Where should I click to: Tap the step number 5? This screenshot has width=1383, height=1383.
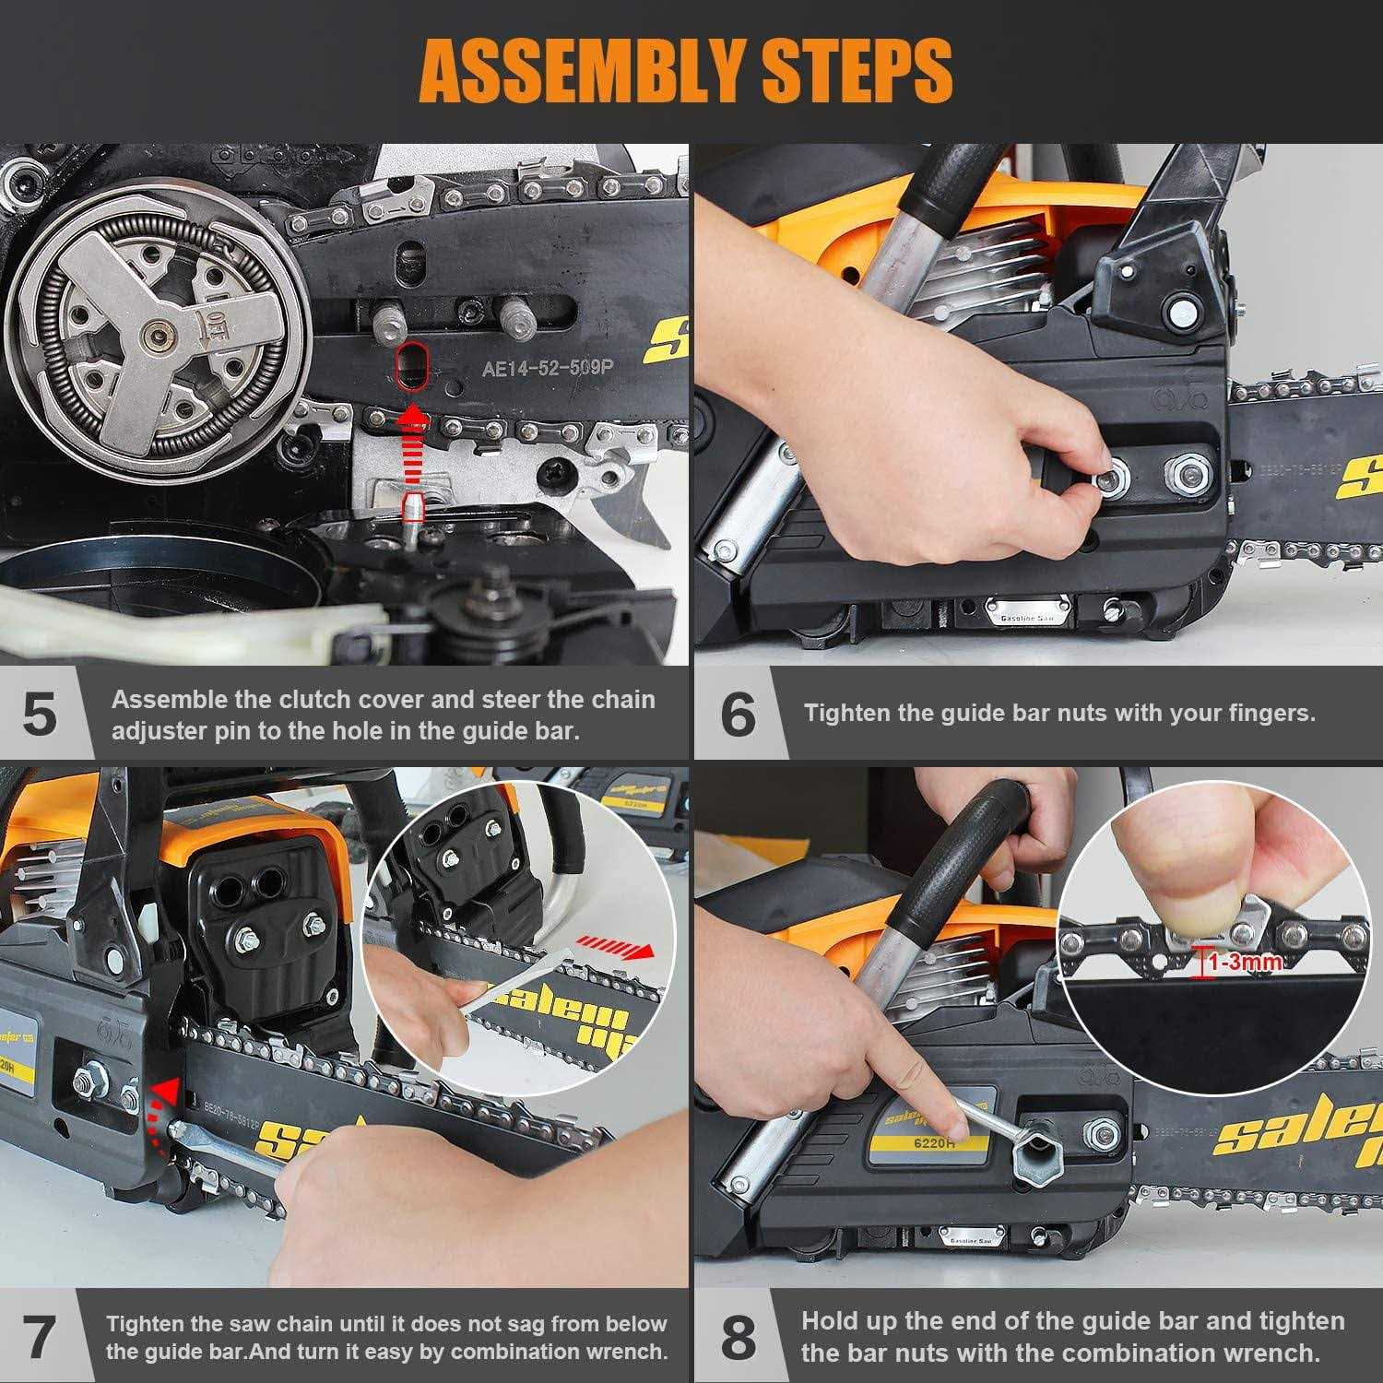coord(39,715)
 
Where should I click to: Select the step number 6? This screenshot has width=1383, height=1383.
coord(738,715)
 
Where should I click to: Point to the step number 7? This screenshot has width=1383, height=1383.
coord(39,1336)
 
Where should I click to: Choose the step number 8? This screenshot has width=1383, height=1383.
coord(738,1336)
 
